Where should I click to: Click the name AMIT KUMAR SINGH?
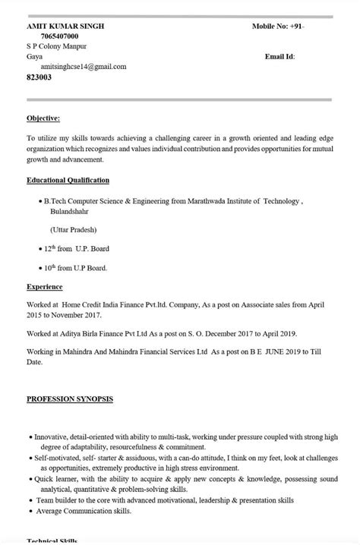(65, 26)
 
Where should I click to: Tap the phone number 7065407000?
(59, 36)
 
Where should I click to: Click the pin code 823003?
(39, 77)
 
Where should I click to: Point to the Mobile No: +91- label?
(278, 26)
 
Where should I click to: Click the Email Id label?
(279, 56)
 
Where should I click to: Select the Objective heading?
(43, 118)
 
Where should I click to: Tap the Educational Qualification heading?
(68, 180)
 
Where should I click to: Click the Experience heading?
(44, 287)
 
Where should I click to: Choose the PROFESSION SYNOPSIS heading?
(69, 399)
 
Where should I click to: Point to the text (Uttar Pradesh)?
(74, 229)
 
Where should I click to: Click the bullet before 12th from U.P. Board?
(39, 249)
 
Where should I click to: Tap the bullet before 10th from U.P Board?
(39, 268)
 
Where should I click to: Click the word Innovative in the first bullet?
(51, 437)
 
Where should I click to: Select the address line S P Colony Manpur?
(56, 46)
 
